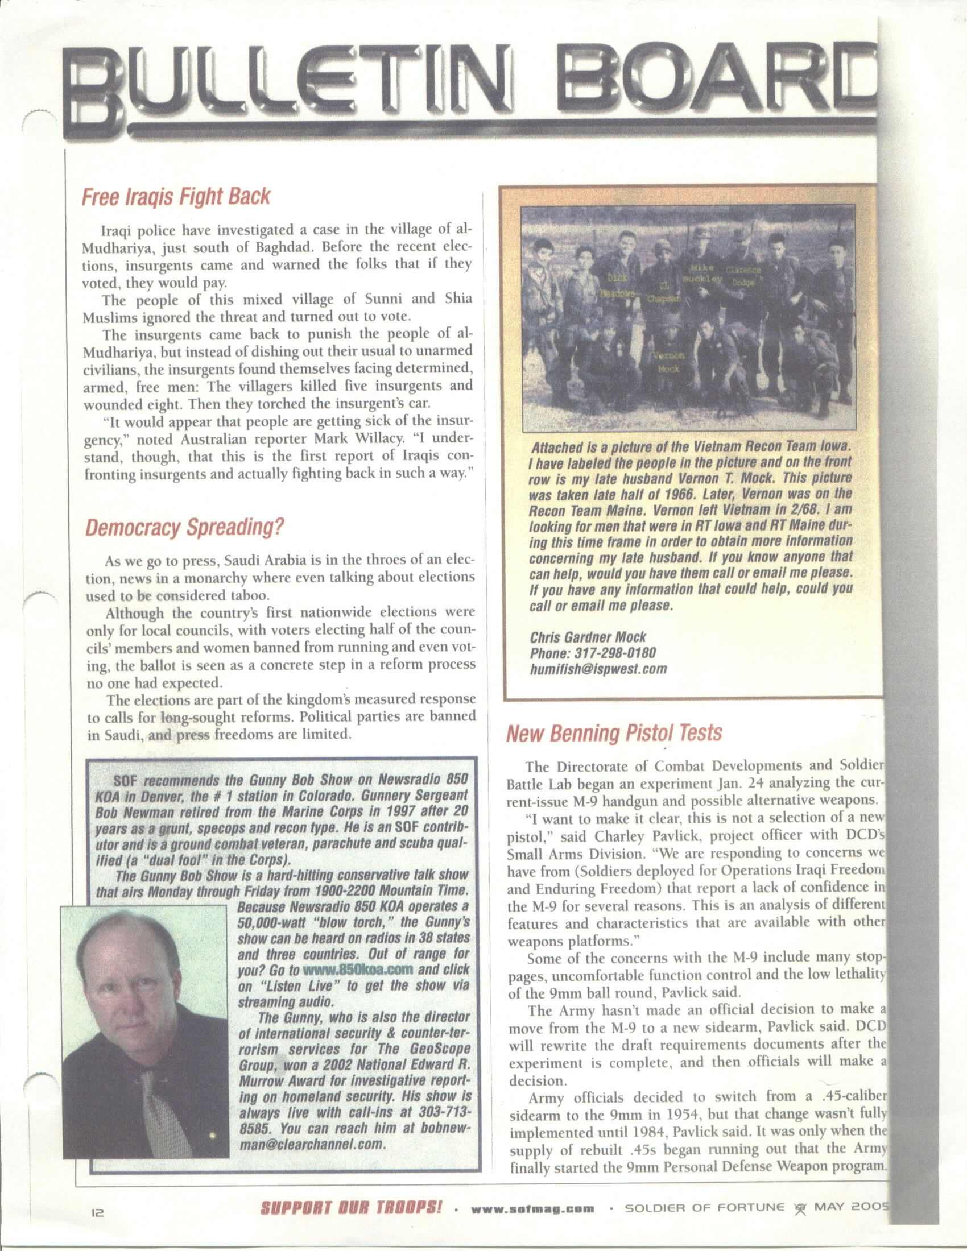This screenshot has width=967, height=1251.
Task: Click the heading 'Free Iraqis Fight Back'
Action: [176, 197]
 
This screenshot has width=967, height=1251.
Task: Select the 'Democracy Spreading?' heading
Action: [184, 527]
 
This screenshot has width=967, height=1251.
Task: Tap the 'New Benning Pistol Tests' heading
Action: [614, 733]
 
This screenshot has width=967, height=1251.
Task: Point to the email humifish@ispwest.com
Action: [598, 669]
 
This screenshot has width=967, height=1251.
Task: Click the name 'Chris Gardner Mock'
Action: [588, 637]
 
